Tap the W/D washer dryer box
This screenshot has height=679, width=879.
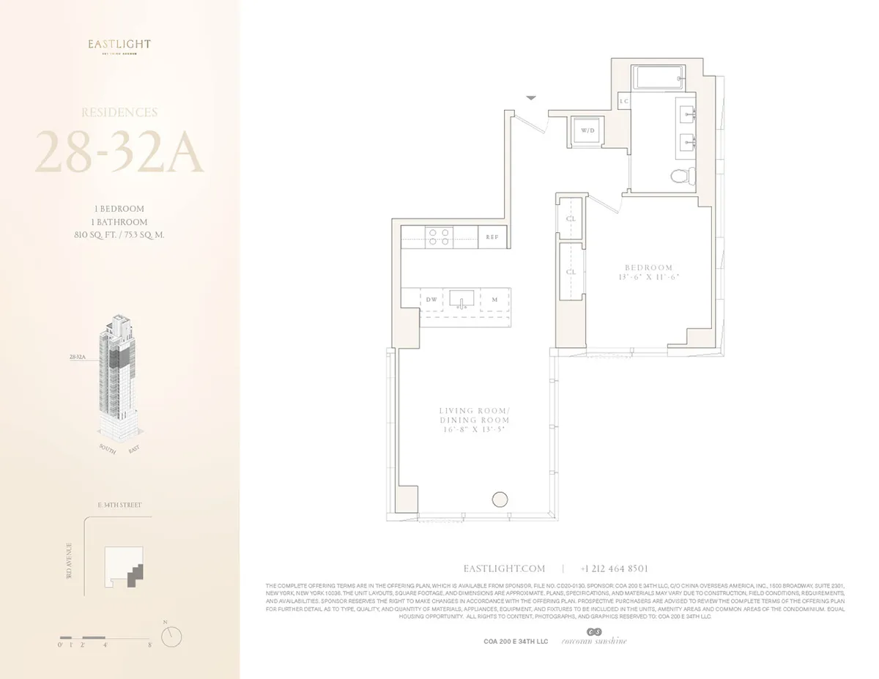(587, 130)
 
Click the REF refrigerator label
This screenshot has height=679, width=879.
(493, 237)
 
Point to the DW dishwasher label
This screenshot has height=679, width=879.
(432, 300)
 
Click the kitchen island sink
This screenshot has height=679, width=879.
(462, 300)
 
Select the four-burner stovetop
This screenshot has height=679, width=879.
(439, 236)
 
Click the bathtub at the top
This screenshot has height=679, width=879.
(658, 77)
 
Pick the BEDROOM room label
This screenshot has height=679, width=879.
(648, 268)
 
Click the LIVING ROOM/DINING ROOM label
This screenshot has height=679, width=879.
(474, 415)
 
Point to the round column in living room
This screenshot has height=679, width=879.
(500, 500)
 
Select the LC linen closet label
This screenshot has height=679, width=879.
(625, 101)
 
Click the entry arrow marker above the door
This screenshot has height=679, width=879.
(532, 97)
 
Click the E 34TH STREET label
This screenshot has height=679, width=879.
(119, 505)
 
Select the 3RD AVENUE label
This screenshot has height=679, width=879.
(69, 563)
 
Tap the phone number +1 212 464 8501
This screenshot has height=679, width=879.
(614, 568)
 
